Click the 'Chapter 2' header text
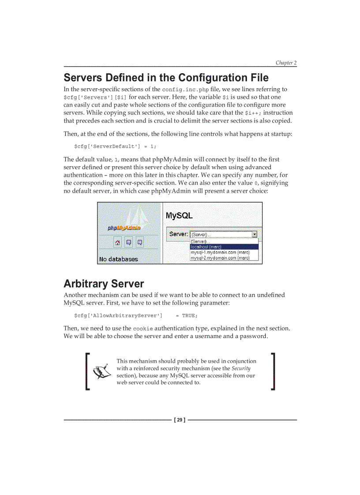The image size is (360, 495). coord(286,63)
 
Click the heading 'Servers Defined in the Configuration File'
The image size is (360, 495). coord(166,78)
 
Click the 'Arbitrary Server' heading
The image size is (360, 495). coord(104,283)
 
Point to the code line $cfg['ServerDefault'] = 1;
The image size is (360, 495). coord(115,146)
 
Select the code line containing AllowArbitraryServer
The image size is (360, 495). coord(136,316)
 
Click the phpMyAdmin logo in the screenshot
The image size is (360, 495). coord(124,228)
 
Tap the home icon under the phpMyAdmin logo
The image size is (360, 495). coord(118,242)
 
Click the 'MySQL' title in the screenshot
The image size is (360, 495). coord(179,216)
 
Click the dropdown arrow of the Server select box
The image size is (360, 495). coord(254,234)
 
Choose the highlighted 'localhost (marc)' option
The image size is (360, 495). coord(206,247)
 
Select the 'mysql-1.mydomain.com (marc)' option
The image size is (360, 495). coord(220,252)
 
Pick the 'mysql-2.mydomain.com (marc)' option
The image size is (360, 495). coord(220,258)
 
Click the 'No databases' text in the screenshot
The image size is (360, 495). coord(118,259)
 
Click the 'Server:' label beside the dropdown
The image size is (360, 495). coord(178,234)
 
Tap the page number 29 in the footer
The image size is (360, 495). coord(180,420)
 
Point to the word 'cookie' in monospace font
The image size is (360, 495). coord(143,329)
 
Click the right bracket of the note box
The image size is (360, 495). coord(274,371)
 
